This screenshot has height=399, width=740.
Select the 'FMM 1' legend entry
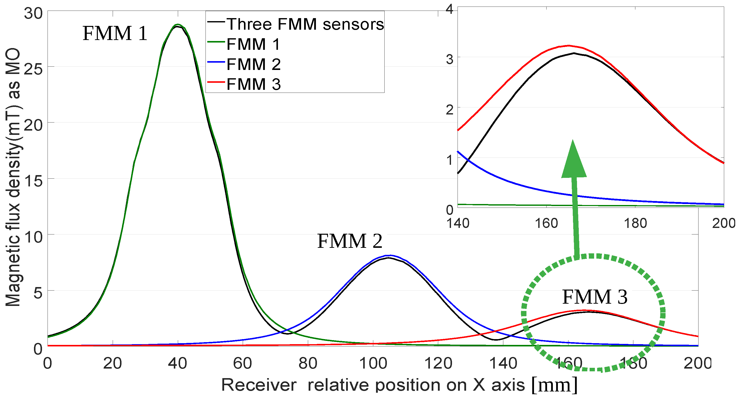(x=253, y=44)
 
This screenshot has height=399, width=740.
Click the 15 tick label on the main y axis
(x=33, y=180)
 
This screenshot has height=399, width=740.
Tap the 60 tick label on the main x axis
(x=242, y=363)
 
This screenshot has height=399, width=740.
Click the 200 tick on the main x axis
(x=698, y=363)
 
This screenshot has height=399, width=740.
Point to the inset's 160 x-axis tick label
(x=546, y=223)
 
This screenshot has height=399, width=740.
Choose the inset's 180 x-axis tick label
(x=635, y=223)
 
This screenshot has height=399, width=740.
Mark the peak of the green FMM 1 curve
(x=178, y=25)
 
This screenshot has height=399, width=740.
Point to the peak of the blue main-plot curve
(x=390, y=255)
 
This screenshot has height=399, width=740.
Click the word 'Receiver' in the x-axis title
(x=259, y=385)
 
